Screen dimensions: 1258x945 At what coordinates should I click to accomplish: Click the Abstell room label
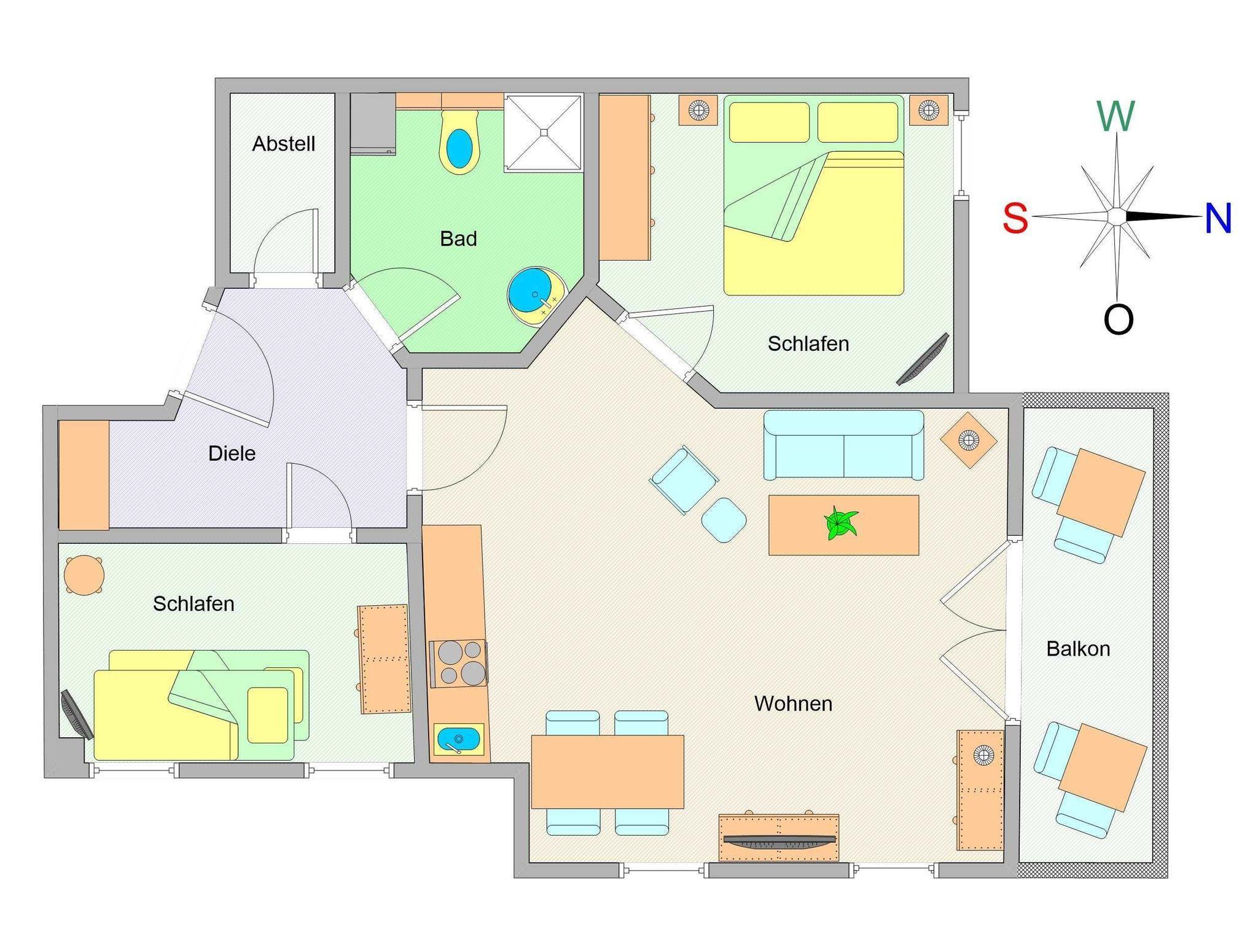click(x=284, y=144)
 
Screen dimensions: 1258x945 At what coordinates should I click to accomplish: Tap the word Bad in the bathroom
click(x=458, y=238)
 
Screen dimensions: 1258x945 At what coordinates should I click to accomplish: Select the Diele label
click(x=232, y=453)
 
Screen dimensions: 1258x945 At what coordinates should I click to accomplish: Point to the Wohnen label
click(x=793, y=704)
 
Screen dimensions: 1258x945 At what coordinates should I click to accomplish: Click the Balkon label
click(x=1078, y=649)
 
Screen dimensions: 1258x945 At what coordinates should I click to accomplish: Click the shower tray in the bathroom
click(x=543, y=132)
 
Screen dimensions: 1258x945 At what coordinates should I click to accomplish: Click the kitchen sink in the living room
click(x=459, y=739)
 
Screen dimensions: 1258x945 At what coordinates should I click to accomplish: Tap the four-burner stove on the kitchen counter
click(x=458, y=664)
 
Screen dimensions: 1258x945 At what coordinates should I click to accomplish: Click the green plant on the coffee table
click(x=840, y=523)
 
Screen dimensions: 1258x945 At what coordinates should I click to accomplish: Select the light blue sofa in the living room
click(x=843, y=445)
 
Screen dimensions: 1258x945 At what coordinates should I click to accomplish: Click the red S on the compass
click(x=1015, y=218)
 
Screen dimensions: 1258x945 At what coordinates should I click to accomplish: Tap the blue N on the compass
click(x=1217, y=218)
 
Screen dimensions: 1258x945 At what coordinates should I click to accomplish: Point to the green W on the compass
click(x=1115, y=116)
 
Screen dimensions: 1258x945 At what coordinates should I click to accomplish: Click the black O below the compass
click(x=1118, y=320)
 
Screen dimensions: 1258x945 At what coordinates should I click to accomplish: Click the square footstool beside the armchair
click(x=724, y=520)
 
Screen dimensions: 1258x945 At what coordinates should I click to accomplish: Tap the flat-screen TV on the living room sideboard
click(x=779, y=841)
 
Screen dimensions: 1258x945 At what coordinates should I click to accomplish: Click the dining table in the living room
click(x=607, y=772)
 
